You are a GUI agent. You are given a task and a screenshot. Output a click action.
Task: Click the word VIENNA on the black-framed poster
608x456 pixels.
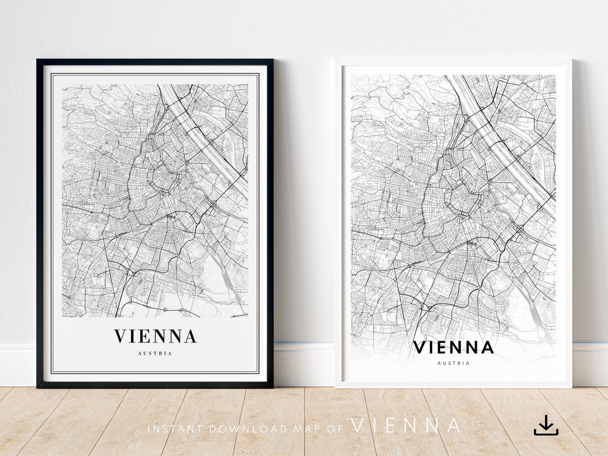[155, 337]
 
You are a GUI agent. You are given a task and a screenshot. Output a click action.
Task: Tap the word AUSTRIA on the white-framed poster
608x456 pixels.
[453, 363]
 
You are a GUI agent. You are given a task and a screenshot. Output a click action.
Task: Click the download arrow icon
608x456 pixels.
[546, 425]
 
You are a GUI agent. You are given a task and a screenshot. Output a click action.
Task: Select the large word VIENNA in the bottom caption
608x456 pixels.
[406, 426]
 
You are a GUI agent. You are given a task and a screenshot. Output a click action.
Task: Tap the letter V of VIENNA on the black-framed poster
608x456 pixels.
[120, 337]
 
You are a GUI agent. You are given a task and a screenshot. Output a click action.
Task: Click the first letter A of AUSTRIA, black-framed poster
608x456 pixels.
[139, 354]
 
